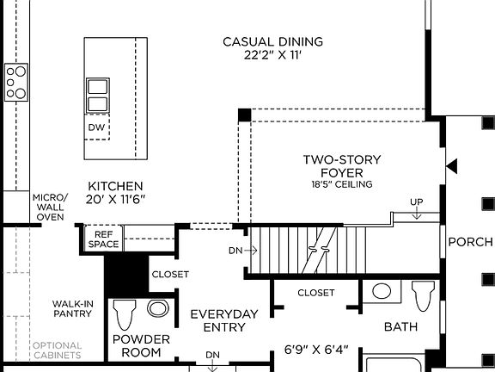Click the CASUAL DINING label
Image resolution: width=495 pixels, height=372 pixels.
coord(272,41)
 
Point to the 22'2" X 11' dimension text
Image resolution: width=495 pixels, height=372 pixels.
coord(272,55)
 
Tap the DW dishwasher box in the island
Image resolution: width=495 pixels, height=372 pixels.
coord(97,127)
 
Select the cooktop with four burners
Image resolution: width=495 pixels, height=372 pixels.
coord(16,82)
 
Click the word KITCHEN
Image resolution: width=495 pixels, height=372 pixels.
coord(116,186)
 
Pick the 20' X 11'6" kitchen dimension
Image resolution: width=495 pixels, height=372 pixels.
coord(116,200)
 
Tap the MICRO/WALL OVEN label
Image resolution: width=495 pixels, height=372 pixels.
coord(50,207)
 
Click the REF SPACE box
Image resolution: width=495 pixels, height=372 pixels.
coord(103,239)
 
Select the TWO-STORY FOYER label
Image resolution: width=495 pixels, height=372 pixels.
coord(341,165)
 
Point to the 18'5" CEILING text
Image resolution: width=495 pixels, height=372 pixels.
coord(341,184)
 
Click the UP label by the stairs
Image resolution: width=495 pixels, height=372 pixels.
coord(417,202)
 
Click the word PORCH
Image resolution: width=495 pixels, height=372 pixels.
coord(471,242)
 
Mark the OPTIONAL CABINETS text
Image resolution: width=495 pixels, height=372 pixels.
coord(57,350)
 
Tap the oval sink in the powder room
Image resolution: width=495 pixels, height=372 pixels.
coord(157,308)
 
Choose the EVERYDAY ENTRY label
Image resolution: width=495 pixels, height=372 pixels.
coord(223,320)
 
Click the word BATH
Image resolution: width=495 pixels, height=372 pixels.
coord(400,327)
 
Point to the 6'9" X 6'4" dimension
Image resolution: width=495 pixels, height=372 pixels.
coord(317,350)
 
